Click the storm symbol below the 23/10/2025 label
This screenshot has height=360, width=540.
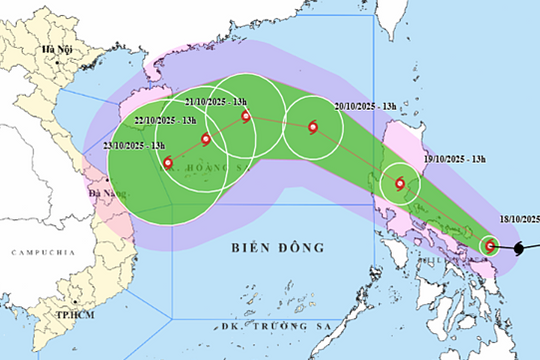point(167,162)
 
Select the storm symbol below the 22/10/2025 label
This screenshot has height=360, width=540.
point(205,139)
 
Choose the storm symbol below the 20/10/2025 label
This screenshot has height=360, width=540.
point(314,127)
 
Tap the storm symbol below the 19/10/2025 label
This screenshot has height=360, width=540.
point(400,183)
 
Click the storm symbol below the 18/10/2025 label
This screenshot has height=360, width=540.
point(490,245)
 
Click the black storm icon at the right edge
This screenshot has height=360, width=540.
point(521,247)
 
